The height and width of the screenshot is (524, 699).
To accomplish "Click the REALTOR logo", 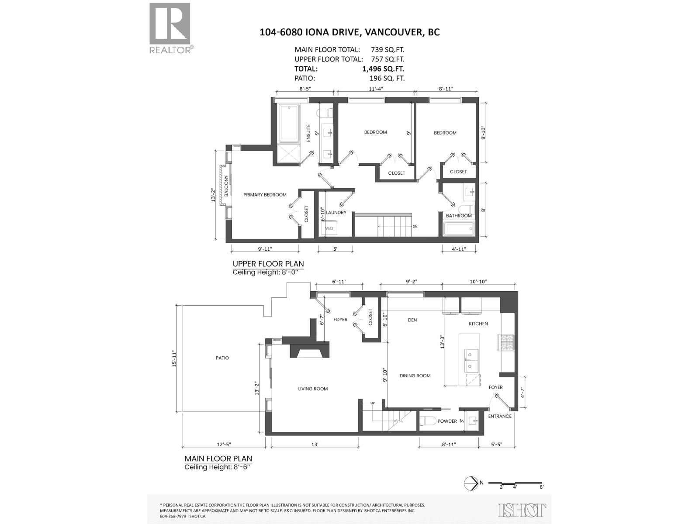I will (x=170, y=27).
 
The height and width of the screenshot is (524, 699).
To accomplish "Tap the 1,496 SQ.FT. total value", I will (x=383, y=69).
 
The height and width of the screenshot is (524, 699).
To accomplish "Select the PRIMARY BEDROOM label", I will (x=265, y=195).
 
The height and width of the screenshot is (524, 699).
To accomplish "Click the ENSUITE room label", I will (x=308, y=133).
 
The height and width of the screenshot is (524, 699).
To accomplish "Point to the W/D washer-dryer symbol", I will (x=329, y=228).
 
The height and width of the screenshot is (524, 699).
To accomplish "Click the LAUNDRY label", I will (x=336, y=213).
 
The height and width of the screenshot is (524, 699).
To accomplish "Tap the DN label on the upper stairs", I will (x=415, y=227).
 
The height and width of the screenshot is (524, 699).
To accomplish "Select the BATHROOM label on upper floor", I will (x=459, y=216).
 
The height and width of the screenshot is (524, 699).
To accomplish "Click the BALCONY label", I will (x=226, y=186).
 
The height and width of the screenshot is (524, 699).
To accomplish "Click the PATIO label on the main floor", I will (x=222, y=358).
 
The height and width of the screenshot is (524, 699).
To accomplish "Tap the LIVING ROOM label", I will (x=313, y=389).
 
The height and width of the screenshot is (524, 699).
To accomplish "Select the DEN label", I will (x=412, y=320).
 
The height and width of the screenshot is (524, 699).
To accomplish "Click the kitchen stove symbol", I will (x=508, y=342).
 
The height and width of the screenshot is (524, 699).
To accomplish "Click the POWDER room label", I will (x=447, y=421).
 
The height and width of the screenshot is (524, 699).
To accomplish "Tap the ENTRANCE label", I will (x=500, y=416).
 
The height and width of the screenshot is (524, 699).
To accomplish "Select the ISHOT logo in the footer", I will (x=522, y=510).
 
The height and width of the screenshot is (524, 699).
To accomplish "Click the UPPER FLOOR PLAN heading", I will (x=268, y=264).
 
